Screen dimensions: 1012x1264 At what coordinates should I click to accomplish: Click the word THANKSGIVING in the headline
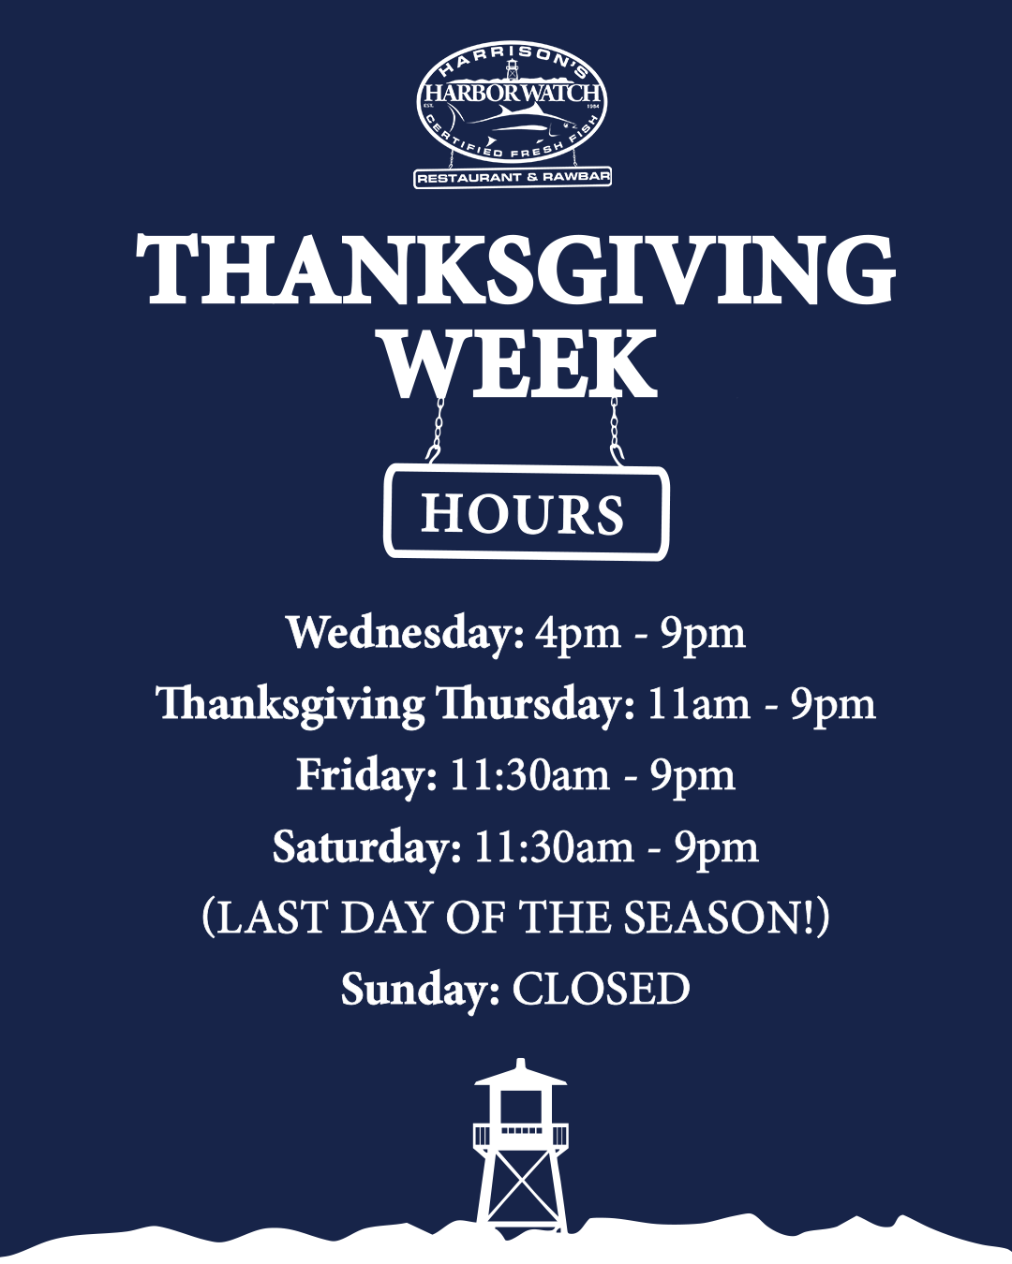[x=515, y=270]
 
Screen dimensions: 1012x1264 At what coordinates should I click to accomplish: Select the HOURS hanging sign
[x=527, y=512]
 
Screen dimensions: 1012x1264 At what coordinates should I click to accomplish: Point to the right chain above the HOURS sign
[x=615, y=431]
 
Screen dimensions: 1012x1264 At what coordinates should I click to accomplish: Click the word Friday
[x=366, y=776]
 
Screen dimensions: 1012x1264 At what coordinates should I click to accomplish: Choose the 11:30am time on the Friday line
[x=529, y=775]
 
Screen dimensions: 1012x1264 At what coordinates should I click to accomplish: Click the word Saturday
[x=367, y=847]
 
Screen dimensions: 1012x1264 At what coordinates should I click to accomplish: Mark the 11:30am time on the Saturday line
[x=554, y=847]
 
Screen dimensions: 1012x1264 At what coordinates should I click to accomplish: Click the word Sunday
[x=421, y=991]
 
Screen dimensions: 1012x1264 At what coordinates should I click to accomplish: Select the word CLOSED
[x=601, y=990]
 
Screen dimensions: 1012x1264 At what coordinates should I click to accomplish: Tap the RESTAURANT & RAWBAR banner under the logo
[x=513, y=177]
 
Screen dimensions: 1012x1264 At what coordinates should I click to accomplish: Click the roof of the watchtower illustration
[x=521, y=1075]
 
